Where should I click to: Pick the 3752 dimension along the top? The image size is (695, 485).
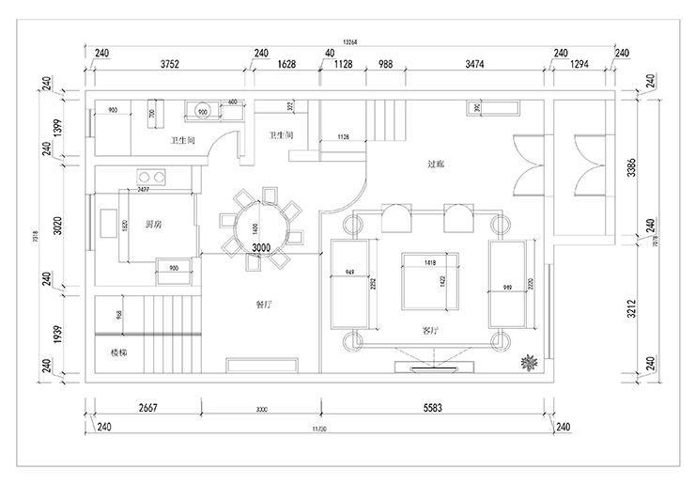170,64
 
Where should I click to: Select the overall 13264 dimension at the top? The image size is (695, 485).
350,41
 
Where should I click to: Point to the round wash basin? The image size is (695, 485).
202,111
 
